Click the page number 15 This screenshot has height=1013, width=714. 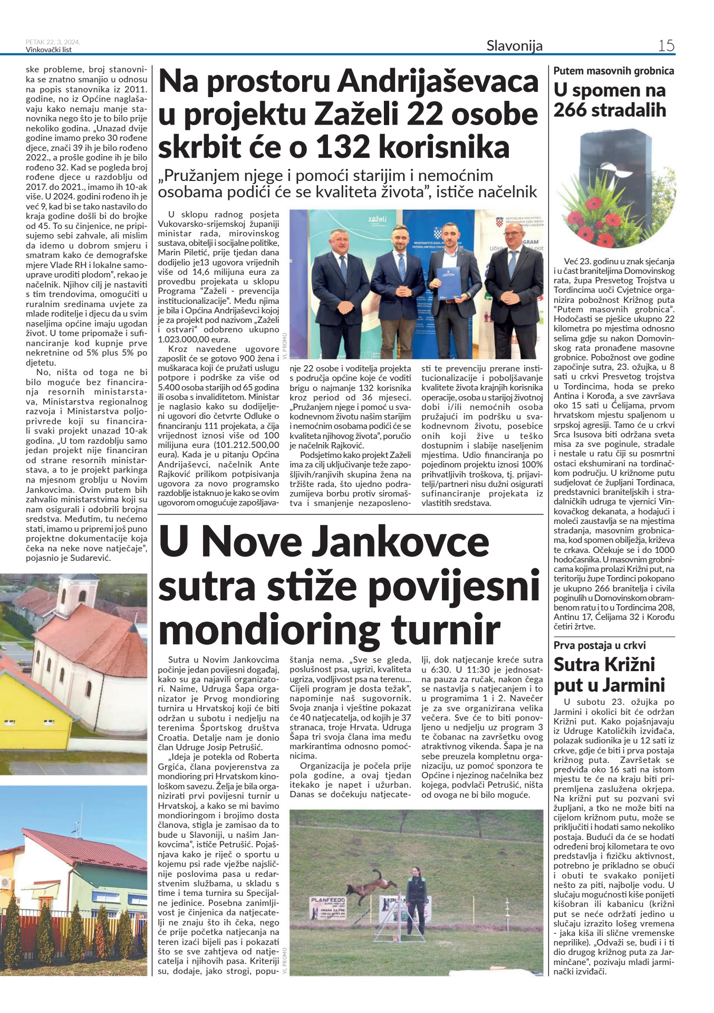(666, 46)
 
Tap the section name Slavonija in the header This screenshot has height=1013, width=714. (514, 46)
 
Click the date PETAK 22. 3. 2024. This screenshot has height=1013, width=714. (53, 42)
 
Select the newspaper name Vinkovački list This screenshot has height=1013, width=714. (49, 50)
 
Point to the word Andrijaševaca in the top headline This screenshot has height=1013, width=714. (438, 82)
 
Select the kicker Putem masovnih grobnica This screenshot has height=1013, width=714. (614, 71)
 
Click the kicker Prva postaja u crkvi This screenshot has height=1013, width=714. (600, 645)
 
